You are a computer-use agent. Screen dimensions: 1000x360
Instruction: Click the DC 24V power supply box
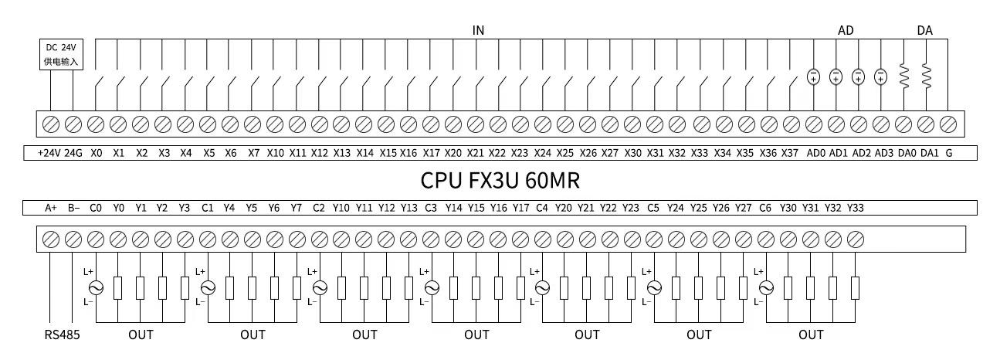[61, 54]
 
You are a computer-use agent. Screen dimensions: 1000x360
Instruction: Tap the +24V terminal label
[49, 153]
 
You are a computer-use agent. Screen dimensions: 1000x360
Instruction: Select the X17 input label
[431, 153]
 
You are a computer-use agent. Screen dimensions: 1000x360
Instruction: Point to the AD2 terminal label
[861, 153]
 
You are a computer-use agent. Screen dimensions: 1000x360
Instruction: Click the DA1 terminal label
[930, 153]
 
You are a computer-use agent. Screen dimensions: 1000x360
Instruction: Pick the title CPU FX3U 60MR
[500, 181]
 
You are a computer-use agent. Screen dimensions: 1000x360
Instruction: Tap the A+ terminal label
[51, 208]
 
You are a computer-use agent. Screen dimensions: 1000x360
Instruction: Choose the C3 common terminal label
[431, 208]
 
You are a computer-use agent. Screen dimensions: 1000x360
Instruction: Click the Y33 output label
[856, 208]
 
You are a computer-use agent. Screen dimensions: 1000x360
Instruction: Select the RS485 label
[62, 335]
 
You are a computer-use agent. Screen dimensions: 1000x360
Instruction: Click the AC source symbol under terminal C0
[96, 287]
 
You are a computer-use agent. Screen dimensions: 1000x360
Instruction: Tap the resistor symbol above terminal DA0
[904, 76]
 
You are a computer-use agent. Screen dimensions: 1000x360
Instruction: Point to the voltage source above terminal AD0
[813, 76]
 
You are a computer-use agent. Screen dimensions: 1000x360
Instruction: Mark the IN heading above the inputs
[478, 30]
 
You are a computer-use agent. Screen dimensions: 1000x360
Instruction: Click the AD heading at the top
[846, 30]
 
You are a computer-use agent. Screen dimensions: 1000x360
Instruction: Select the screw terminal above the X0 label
[96, 124]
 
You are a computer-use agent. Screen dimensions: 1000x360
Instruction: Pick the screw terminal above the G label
[947, 124]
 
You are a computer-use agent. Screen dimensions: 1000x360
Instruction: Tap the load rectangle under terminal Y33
[855, 287]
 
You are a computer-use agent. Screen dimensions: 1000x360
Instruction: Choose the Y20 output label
[564, 208]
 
